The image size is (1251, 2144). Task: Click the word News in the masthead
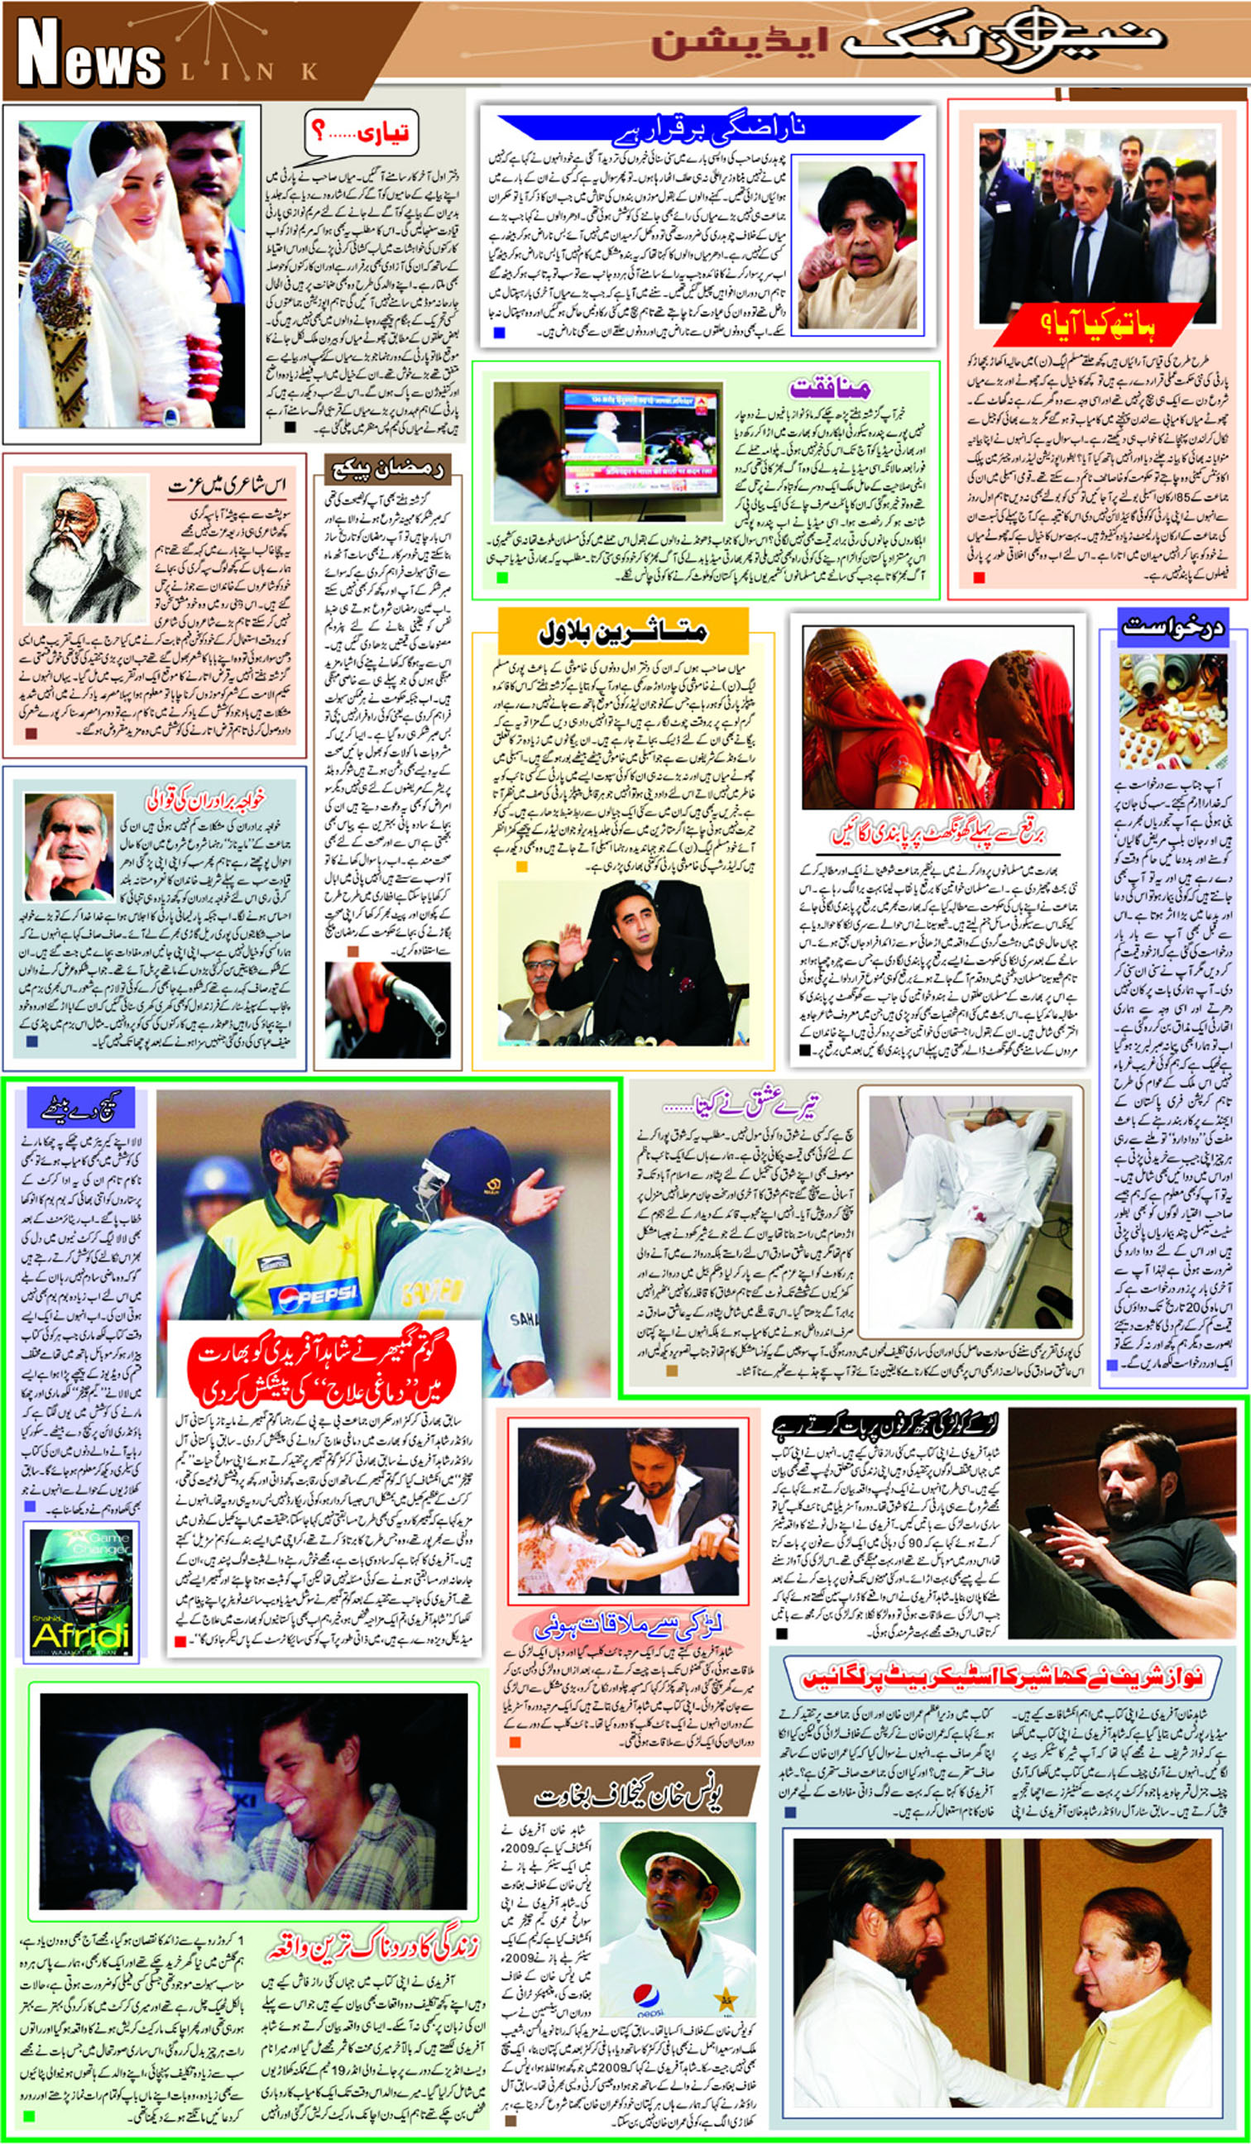89,56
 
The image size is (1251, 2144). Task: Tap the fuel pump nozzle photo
388,1008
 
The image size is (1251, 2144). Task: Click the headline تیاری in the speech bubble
362,133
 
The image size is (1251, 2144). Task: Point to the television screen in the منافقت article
639,440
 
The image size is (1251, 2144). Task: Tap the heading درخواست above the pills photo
1172,628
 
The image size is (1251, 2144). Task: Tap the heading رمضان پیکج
386,469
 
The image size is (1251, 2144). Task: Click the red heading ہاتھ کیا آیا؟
1092,324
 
